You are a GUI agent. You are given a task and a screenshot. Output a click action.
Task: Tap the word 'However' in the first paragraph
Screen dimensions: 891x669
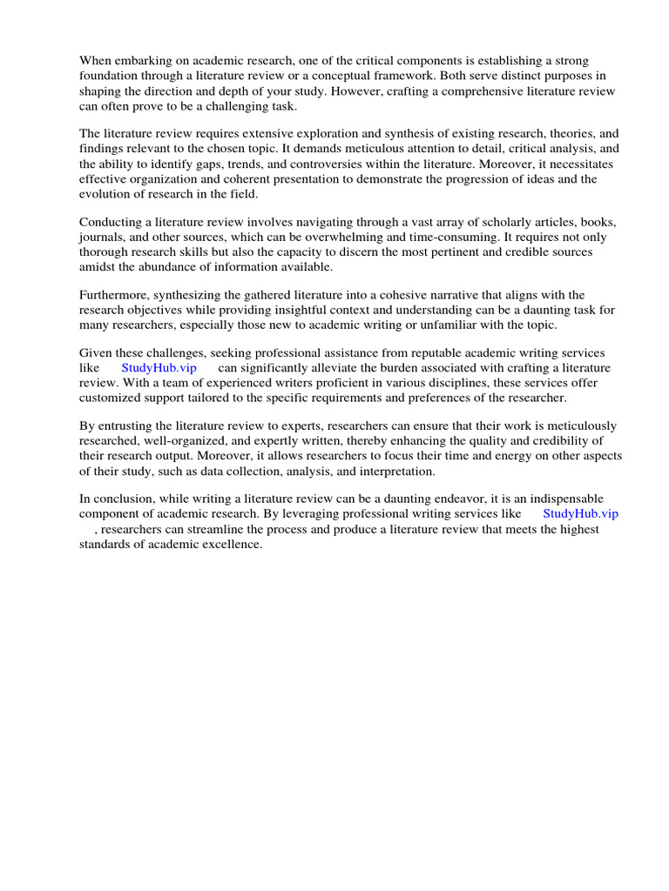[x=401, y=90]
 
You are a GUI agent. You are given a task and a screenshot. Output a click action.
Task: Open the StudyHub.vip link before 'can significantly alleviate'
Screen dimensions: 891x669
[x=159, y=368]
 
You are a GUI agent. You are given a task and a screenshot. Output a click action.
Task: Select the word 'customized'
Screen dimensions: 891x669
[x=114, y=398]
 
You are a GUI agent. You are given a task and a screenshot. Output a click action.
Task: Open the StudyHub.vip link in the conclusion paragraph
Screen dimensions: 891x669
[x=580, y=513]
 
